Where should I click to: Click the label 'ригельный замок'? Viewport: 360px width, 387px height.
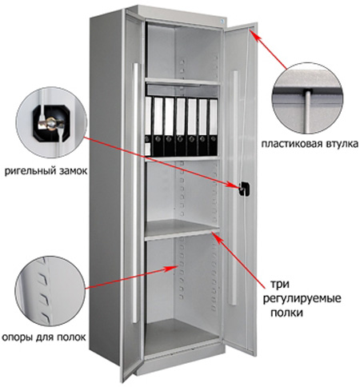click(46, 170)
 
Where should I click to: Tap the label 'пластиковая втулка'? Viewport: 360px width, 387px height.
click(310, 144)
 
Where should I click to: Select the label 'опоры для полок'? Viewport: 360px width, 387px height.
click(44, 337)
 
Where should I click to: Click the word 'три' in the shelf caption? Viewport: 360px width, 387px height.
click(280, 285)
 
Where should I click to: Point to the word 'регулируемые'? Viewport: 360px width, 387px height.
click(302, 298)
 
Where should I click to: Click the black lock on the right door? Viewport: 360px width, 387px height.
click(245, 189)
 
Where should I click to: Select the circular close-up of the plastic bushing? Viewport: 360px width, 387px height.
click(307, 98)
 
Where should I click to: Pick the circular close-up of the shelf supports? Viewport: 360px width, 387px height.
click(50, 291)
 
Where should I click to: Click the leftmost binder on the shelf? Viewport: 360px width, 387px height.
click(148, 126)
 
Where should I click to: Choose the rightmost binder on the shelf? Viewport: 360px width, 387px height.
click(213, 127)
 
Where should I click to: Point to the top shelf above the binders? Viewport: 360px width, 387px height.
click(183, 82)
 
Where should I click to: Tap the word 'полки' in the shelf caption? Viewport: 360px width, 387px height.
click(286, 312)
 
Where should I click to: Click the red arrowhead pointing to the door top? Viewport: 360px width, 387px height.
click(254, 34)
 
